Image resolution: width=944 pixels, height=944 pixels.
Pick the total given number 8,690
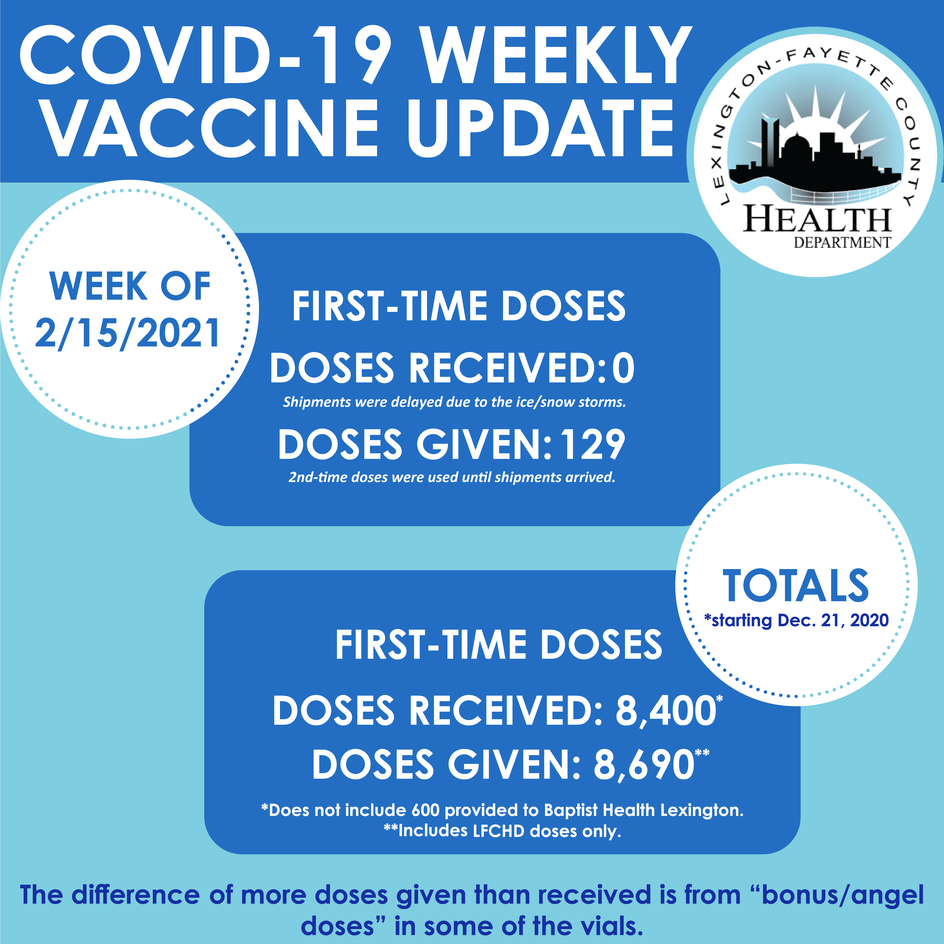point(643,765)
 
